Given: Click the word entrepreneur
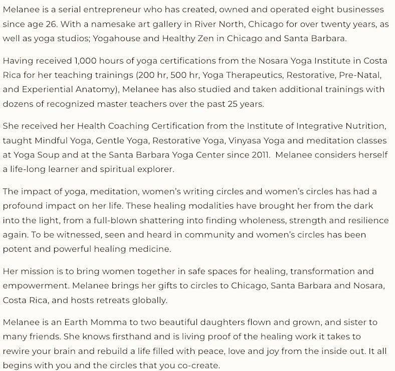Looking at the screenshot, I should click(x=118, y=10).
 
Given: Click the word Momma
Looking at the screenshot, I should click(x=108, y=322).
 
